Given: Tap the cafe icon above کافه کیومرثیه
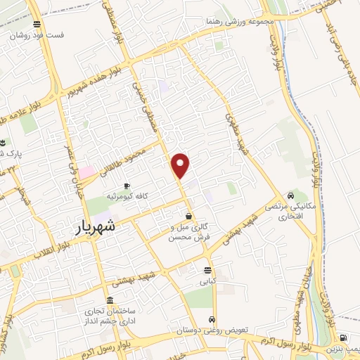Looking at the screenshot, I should pos(127,186).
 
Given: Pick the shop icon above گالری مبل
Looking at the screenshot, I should pos(188,217).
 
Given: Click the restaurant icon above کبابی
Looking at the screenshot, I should pos(208,270).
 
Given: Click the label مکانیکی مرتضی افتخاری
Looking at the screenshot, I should pos(290,212).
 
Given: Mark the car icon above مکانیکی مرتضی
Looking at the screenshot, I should pos(290,195).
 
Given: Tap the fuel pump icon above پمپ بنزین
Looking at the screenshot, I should pos(342,337).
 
